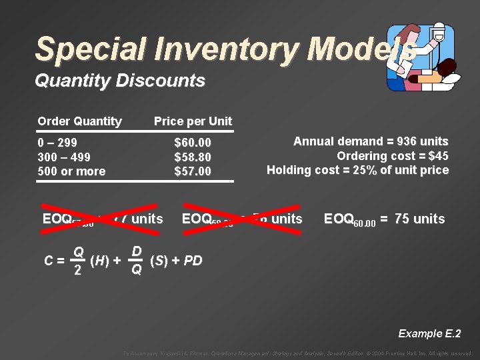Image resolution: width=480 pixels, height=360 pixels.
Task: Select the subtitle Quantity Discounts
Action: (x=120, y=81)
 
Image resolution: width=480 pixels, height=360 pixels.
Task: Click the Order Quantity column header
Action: (x=80, y=121)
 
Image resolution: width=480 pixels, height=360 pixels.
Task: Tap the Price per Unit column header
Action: (x=193, y=121)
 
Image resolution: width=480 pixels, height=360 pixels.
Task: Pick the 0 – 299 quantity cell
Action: (x=57, y=143)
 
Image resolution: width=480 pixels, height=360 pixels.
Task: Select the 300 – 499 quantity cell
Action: (x=64, y=157)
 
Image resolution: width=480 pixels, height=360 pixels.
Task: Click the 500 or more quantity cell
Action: (x=71, y=171)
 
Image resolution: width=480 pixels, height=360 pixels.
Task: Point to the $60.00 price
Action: (x=193, y=143)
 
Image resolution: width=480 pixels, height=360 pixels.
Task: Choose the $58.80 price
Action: (x=193, y=157)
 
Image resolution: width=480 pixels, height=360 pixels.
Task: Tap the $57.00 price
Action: (x=193, y=171)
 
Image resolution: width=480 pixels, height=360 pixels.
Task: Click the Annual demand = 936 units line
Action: (x=371, y=141)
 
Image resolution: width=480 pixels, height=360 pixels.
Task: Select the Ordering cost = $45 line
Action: (x=392, y=156)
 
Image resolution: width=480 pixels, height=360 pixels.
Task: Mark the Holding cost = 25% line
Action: (x=357, y=170)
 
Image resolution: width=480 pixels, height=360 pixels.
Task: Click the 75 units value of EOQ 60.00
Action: (x=419, y=219)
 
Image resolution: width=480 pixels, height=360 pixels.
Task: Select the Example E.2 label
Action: (x=429, y=333)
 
